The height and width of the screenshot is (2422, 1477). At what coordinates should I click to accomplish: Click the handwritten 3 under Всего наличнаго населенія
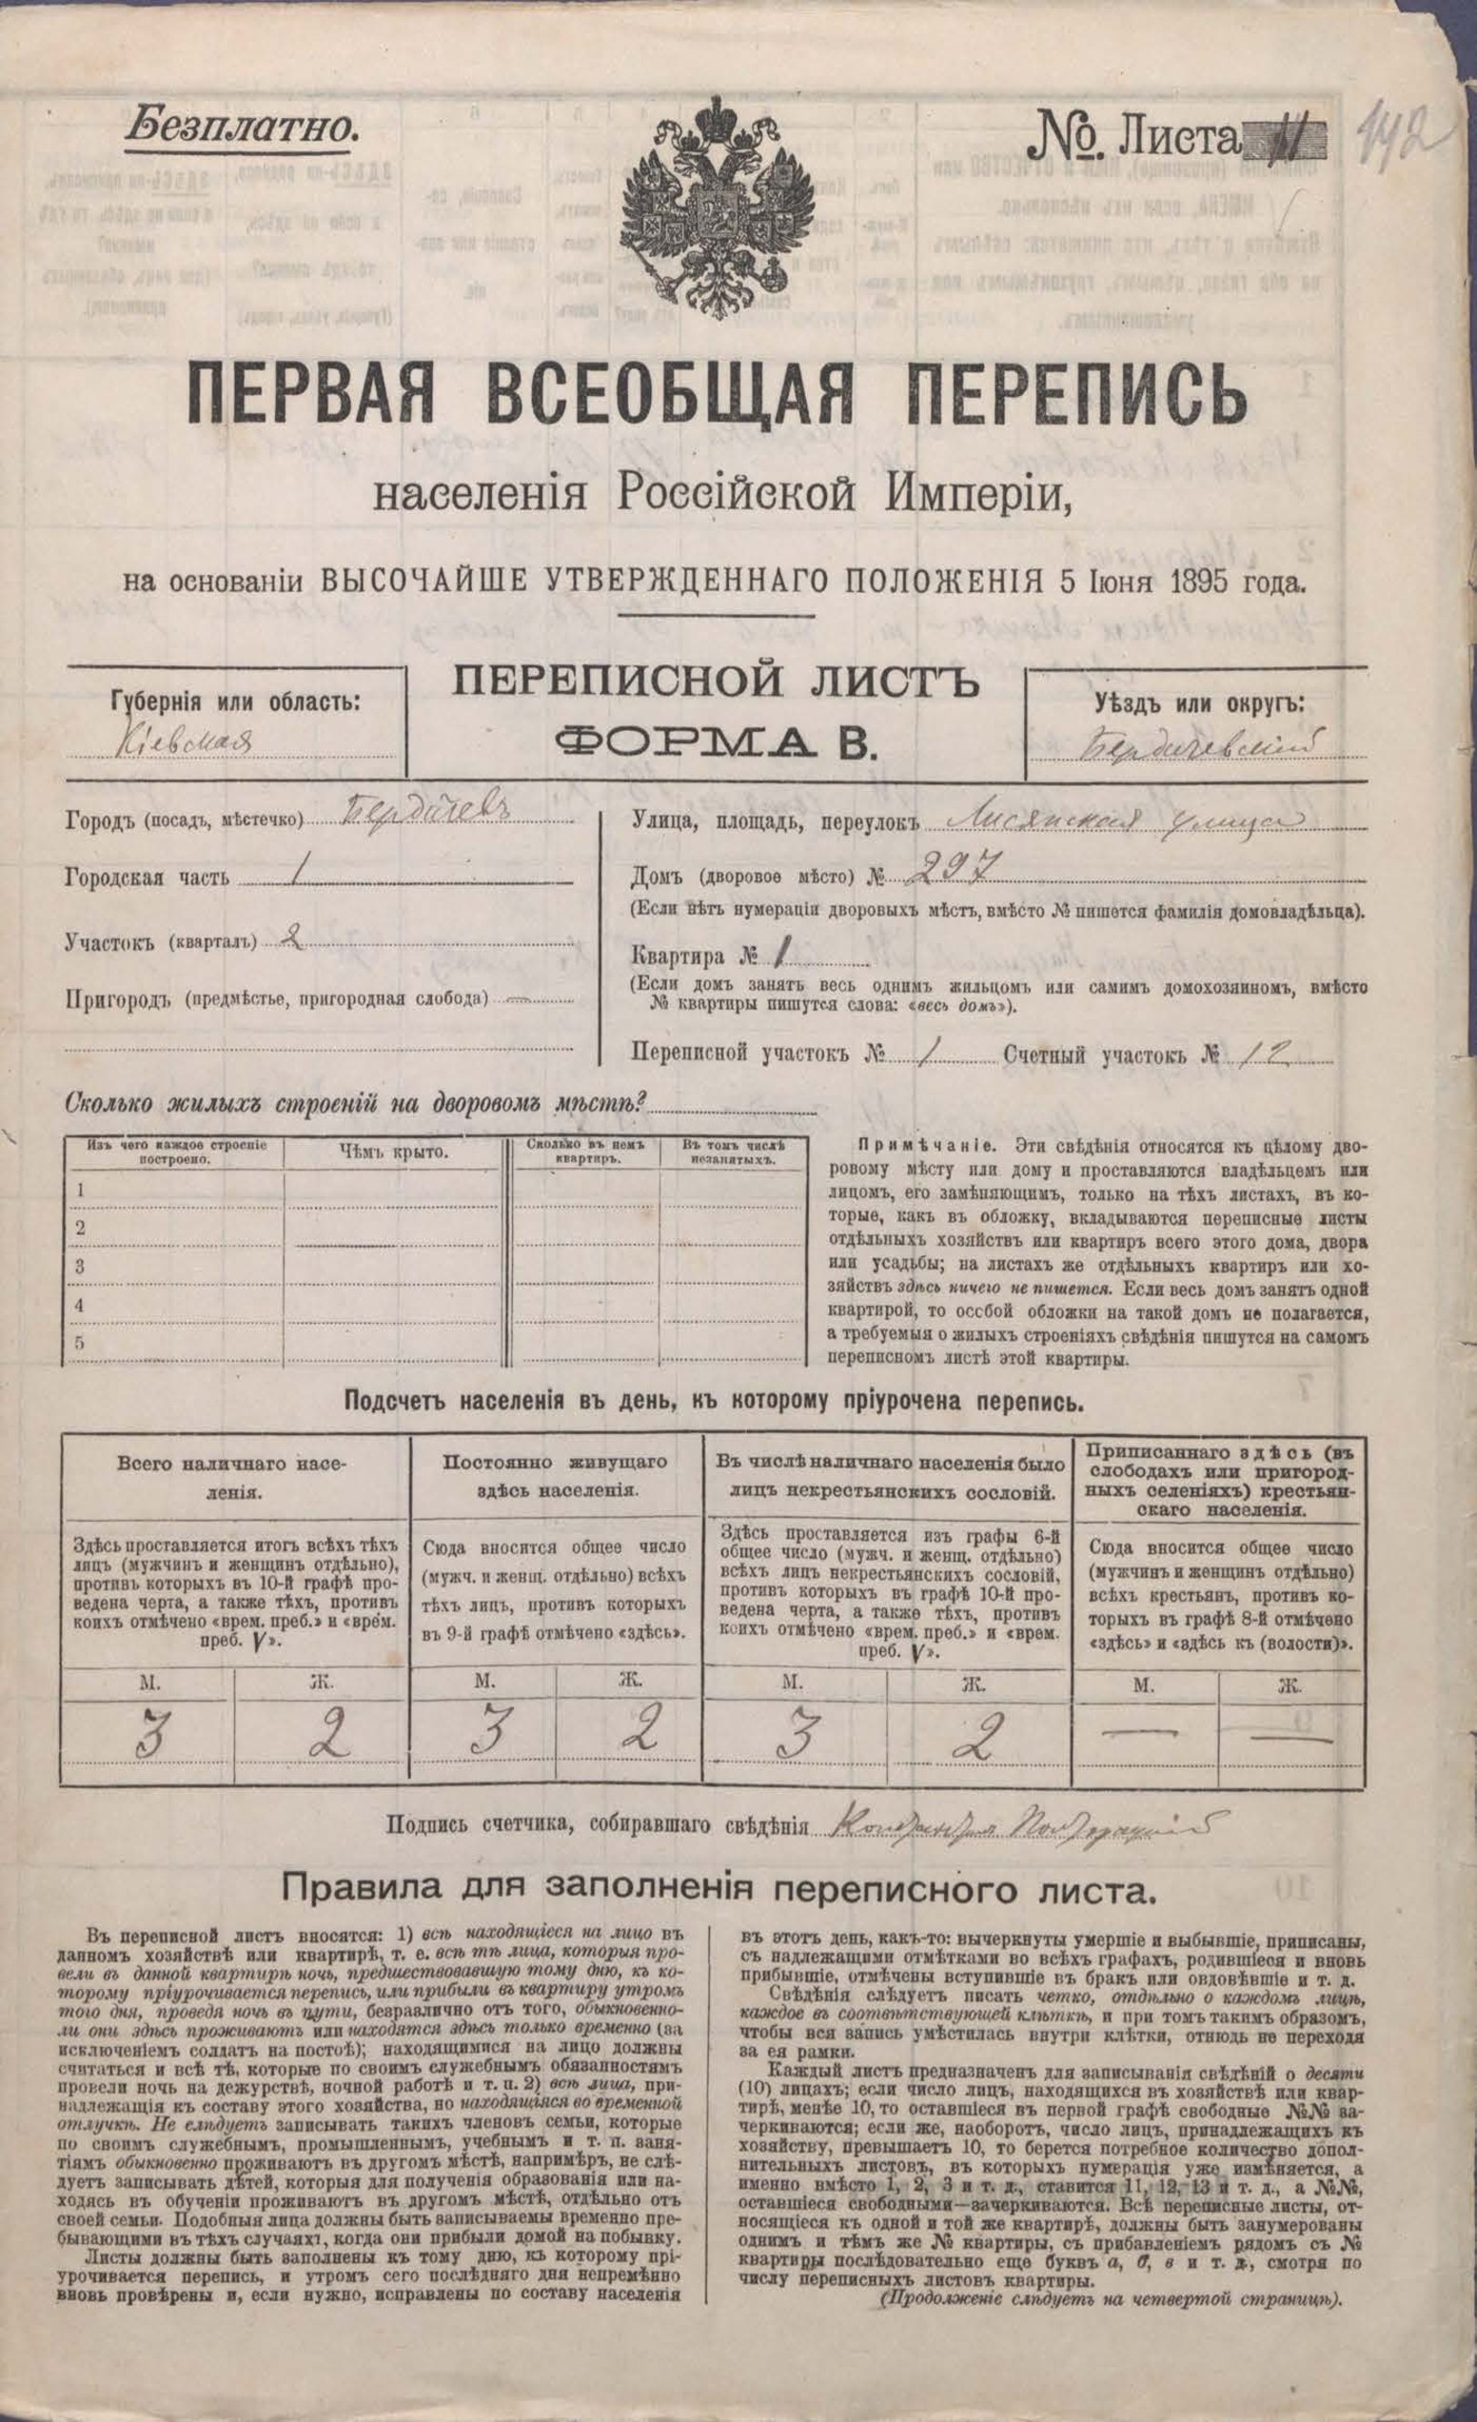point(149,1738)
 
